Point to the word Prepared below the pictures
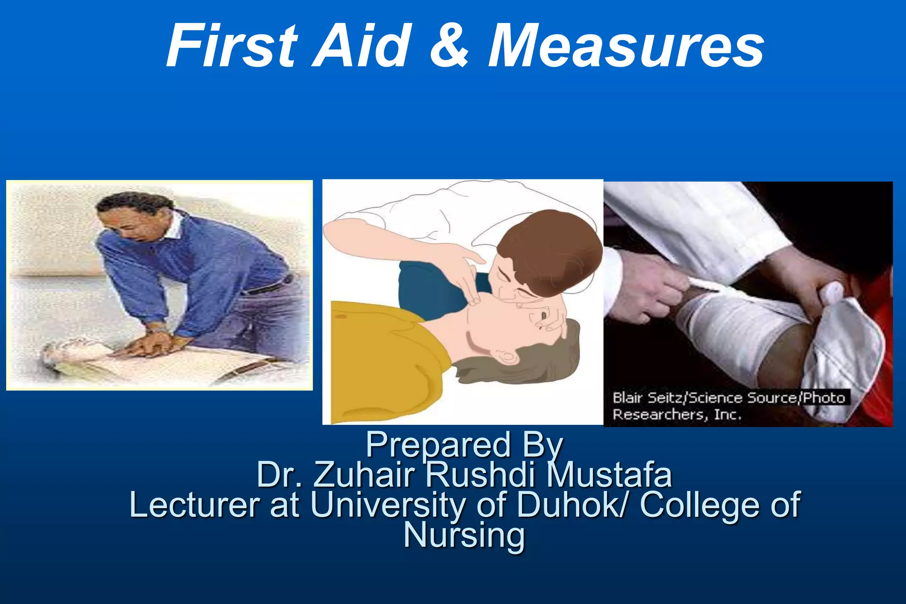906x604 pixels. (438, 445)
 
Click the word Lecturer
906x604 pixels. (195, 505)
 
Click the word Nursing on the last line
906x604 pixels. (464, 535)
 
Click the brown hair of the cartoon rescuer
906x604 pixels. (553, 248)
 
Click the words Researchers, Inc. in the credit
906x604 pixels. (676, 415)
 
